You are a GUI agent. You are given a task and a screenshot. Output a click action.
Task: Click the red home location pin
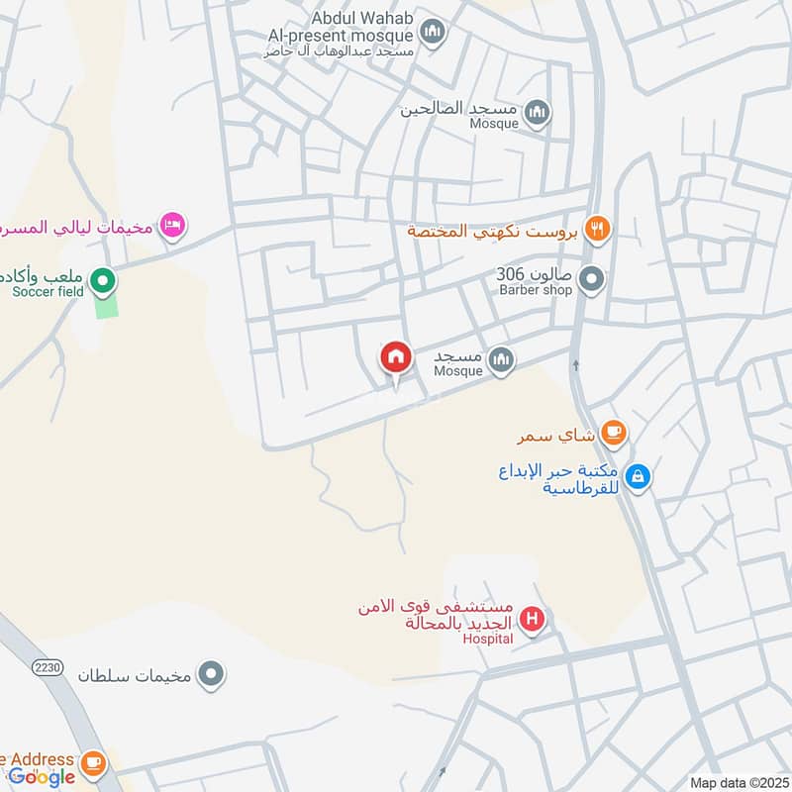point(396,358)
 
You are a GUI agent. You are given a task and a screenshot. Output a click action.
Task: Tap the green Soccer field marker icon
point(102,283)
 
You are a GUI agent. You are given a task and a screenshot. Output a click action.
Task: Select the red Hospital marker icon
point(533,621)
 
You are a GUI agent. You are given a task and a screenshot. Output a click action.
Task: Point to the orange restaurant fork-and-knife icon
point(596,230)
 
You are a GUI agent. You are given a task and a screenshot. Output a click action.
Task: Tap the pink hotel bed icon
point(172,226)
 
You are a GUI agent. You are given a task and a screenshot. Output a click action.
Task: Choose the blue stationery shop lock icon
point(639,477)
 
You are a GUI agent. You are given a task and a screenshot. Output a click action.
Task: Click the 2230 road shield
point(46,667)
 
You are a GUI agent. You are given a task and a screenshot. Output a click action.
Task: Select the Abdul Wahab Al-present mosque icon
point(432,36)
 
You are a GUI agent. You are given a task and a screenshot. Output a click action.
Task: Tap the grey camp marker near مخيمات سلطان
point(210,675)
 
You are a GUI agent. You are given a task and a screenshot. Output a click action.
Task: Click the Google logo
point(42,776)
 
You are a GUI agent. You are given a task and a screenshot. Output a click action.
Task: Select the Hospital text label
point(488,639)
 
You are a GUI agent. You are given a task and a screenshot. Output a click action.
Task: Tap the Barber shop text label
point(537,291)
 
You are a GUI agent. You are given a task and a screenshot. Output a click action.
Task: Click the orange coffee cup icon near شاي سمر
point(614,432)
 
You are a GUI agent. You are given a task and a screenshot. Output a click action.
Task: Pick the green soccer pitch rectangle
point(107,305)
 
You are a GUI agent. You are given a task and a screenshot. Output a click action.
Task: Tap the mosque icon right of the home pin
point(502,360)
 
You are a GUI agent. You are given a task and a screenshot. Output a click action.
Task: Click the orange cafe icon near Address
point(93,762)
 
